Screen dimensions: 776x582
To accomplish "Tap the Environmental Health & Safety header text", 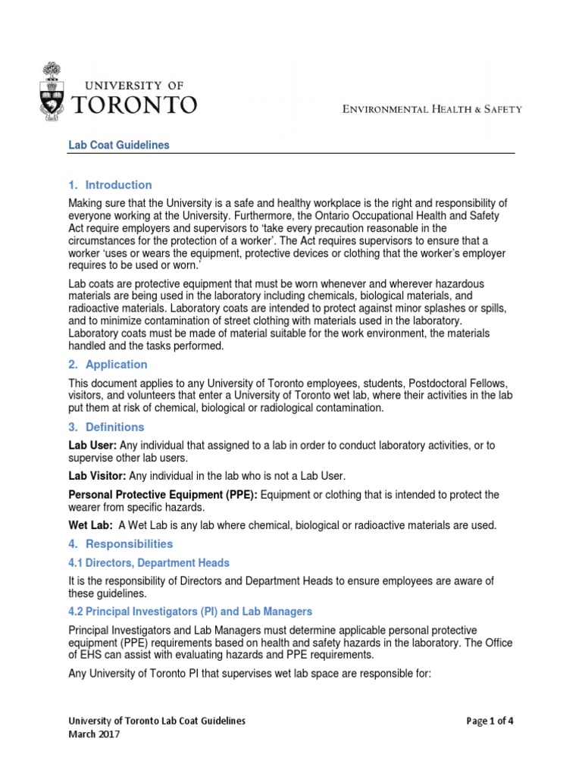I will tap(429, 109).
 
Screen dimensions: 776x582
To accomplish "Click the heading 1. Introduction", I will tap(111, 185).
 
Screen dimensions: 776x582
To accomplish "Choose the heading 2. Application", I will tap(108, 365).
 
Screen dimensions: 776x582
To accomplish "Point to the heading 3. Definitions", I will tap(107, 427).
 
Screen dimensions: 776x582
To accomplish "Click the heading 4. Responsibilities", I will tap(120, 544).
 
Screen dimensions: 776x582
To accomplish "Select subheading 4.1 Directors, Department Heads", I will tap(149, 563).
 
